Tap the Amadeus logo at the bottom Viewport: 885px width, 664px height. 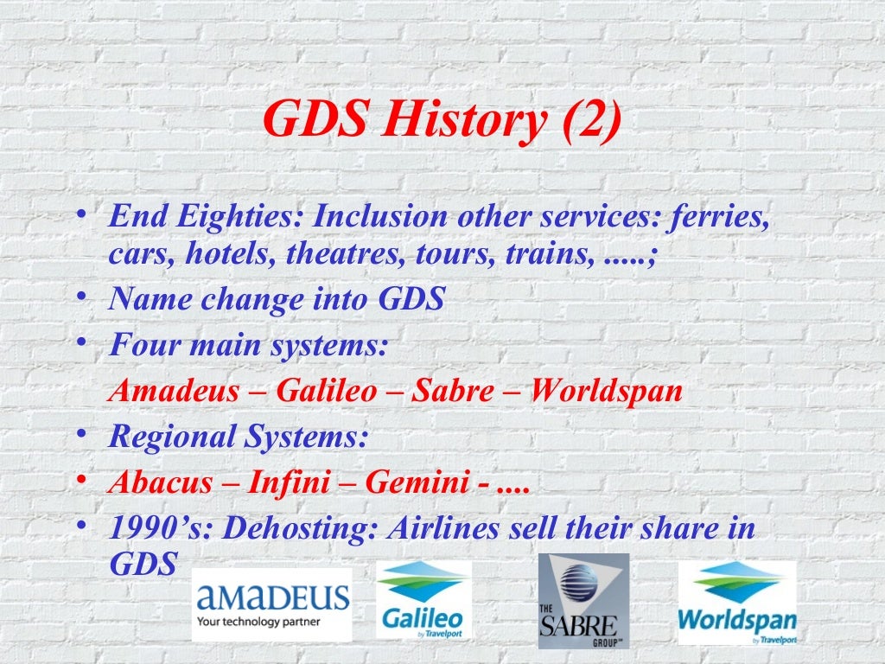pos(272,604)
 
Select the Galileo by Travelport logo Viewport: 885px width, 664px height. pos(423,601)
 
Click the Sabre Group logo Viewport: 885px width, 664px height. pos(583,601)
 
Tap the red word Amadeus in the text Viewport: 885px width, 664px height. pos(174,391)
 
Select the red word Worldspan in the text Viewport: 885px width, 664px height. pos(606,391)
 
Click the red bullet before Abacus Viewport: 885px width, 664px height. pos(80,480)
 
